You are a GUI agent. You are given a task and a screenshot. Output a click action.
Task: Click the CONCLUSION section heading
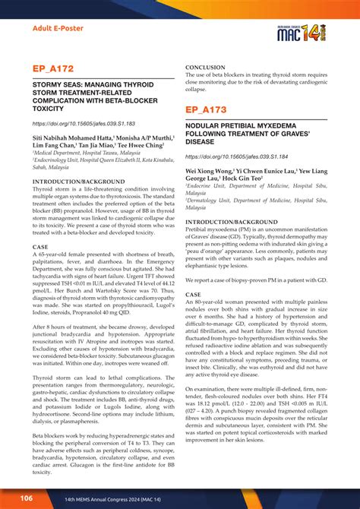[210, 68]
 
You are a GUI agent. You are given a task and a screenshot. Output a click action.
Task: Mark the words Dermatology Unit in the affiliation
[215, 199]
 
